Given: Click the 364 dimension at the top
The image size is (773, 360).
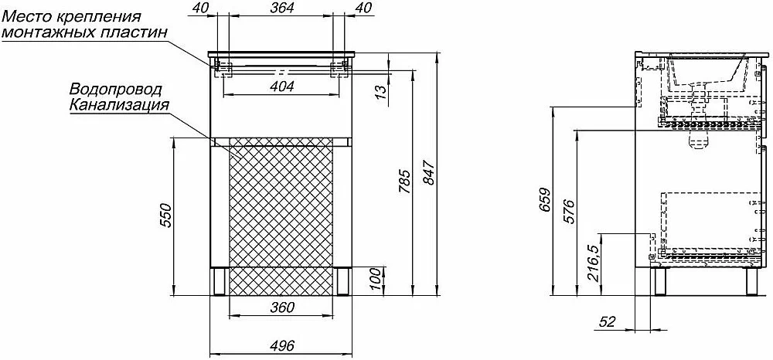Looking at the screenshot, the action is tap(282, 8).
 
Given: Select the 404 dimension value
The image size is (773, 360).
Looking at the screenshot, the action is tap(282, 87).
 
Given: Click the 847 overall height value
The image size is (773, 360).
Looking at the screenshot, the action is tap(429, 173).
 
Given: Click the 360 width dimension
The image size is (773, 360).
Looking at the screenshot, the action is tap(282, 307).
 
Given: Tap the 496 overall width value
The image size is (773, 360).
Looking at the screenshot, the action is tap(281, 346).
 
